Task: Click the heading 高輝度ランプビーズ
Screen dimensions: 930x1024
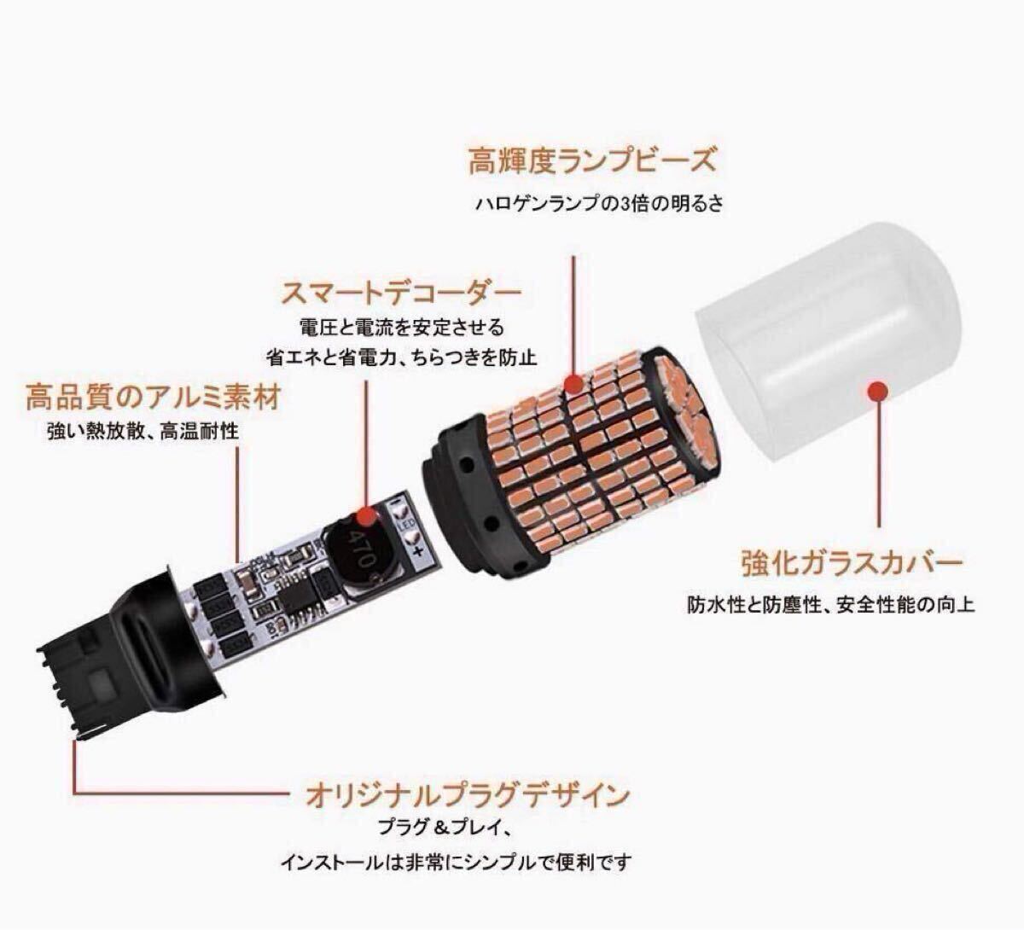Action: pyautogui.click(x=592, y=160)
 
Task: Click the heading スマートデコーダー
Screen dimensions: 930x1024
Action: pyautogui.click(x=400, y=294)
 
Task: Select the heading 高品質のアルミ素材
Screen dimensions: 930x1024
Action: pyautogui.click(x=154, y=396)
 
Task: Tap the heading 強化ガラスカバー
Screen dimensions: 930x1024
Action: pyautogui.click(x=852, y=563)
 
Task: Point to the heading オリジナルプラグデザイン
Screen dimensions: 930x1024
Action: pyautogui.click(x=467, y=795)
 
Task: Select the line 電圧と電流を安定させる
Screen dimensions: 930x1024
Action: pyautogui.click(x=401, y=328)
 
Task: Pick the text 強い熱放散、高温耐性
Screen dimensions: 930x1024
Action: pyautogui.click(x=143, y=431)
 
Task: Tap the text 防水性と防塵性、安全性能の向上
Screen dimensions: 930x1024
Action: pyautogui.click(x=831, y=605)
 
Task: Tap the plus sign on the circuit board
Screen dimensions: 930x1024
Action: pyautogui.click(x=419, y=553)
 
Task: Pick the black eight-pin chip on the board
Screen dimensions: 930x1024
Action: pyautogui.click(x=294, y=596)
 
